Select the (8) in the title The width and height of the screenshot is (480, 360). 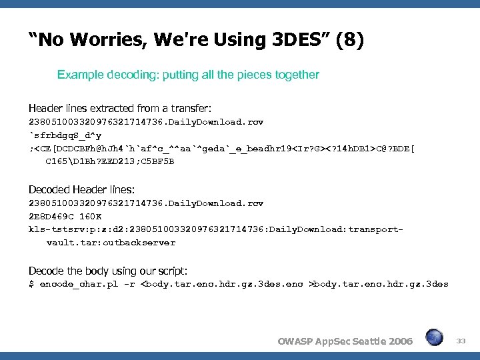[x=349, y=41]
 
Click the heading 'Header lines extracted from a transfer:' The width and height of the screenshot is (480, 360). [x=111, y=108]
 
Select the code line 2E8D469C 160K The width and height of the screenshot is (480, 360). [x=65, y=216]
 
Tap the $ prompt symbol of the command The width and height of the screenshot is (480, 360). [x=31, y=284]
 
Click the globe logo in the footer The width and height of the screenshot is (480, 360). [x=435, y=337]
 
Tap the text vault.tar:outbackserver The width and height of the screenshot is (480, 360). [x=111, y=243]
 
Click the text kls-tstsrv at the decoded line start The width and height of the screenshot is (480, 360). [x=52, y=229]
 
